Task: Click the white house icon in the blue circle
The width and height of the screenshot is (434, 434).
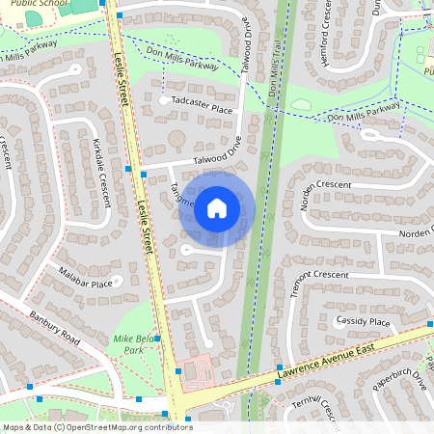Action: click(217, 207)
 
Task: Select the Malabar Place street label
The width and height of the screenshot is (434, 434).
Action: click(84, 284)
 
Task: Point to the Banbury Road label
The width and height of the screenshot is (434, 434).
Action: click(53, 328)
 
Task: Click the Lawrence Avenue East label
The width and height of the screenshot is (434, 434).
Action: click(329, 360)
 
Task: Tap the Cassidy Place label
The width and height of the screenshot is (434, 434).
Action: click(362, 321)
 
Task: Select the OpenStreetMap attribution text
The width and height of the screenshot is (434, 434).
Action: click(96, 426)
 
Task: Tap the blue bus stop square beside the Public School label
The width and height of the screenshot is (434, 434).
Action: click(101, 3)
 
